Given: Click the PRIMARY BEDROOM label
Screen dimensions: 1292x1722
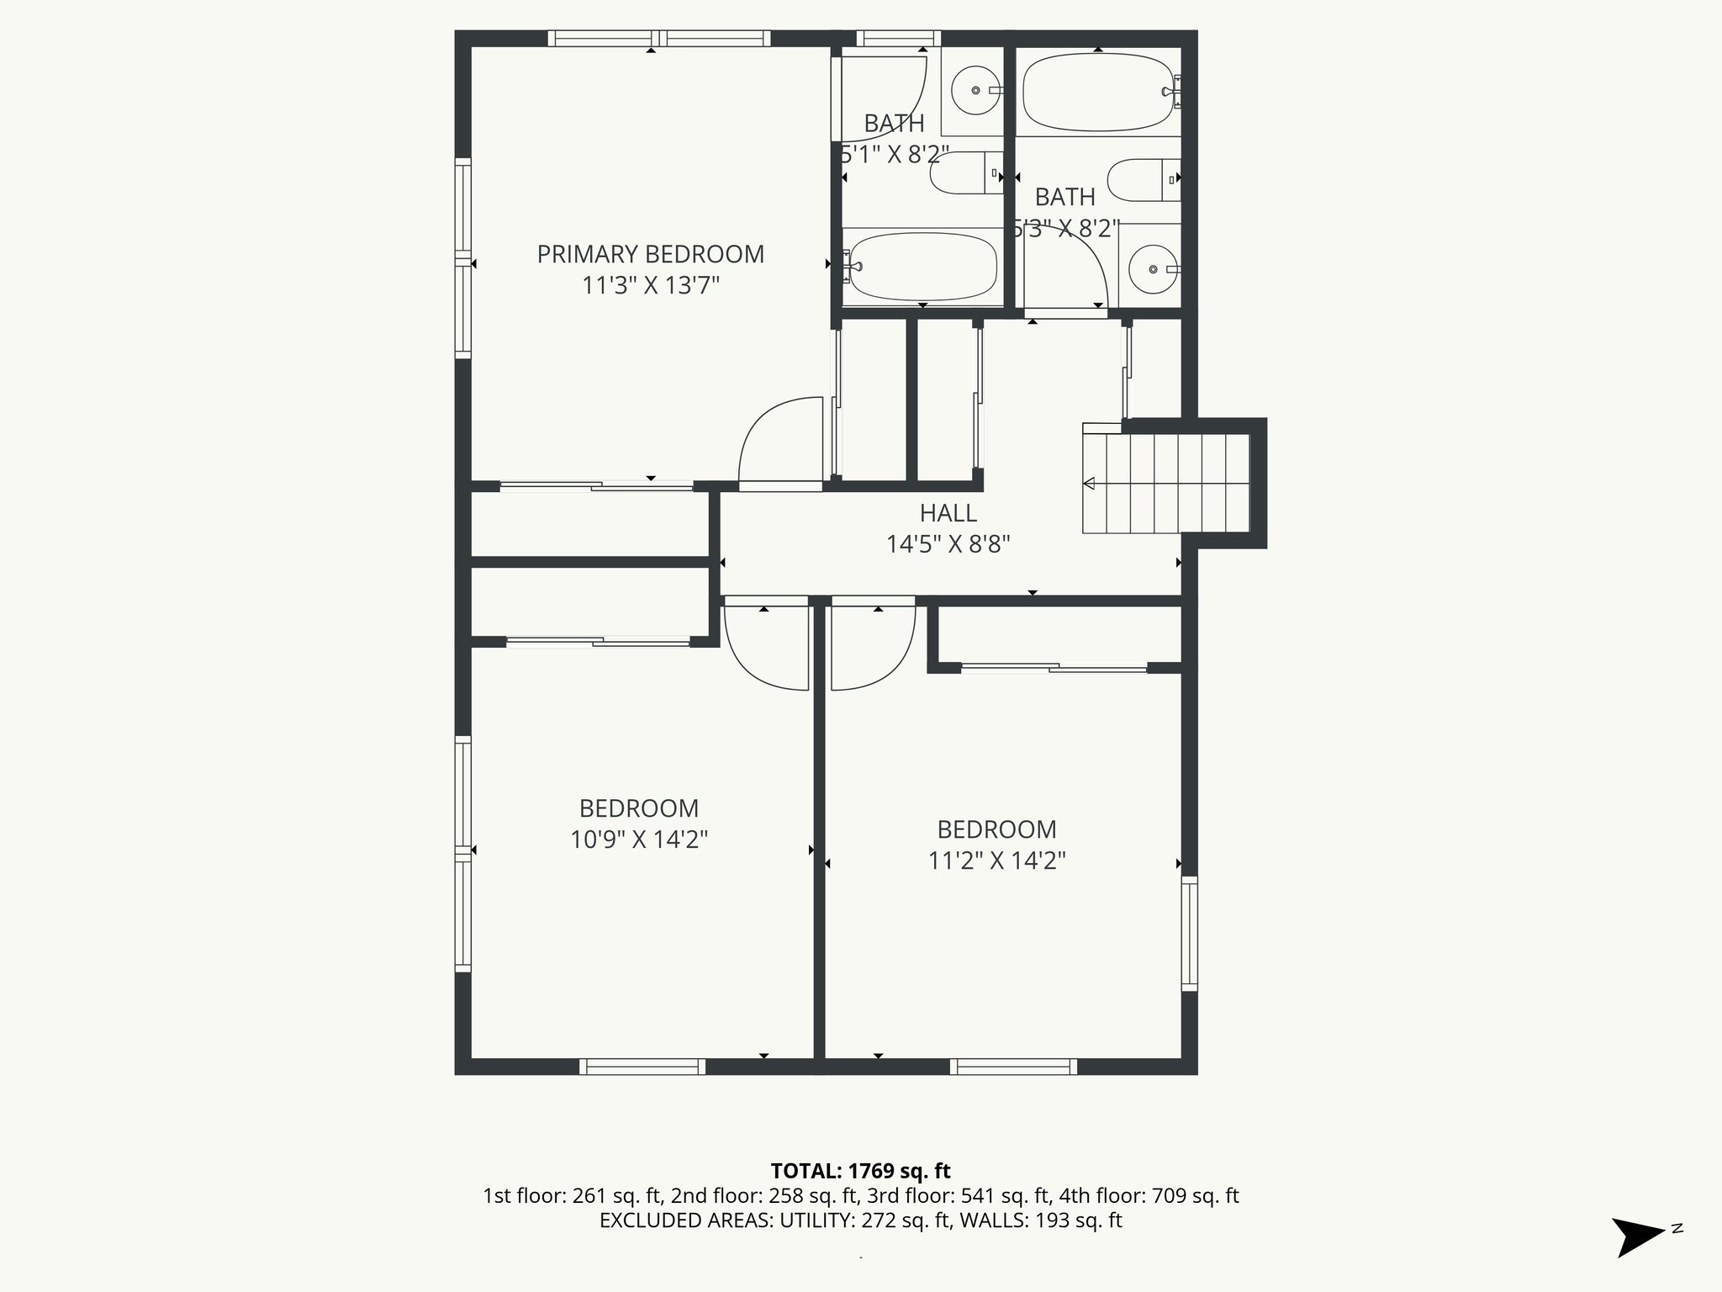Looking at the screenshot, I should [x=650, y=254].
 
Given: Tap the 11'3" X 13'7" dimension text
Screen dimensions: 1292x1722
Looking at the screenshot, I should [x=650, y=286].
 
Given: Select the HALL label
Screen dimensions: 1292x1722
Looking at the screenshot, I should [x=948, y=513].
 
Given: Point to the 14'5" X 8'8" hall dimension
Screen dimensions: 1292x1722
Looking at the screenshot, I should [x=948, y=544].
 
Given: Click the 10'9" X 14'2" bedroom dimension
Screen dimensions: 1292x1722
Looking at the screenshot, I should [x=639, y=839].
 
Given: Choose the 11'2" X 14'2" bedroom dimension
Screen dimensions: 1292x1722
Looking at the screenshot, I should [x=996, y=860].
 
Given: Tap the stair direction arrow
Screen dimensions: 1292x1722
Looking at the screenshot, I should [x=1090, y=484].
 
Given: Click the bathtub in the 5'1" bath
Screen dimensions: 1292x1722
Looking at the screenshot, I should [x=922, y=267].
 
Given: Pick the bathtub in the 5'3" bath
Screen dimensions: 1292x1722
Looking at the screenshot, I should [x=1097, y=92].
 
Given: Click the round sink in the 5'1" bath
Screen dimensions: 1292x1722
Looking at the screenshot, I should [x=975, y=90].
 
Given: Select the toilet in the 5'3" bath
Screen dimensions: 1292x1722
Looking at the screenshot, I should [x=1142, y=179].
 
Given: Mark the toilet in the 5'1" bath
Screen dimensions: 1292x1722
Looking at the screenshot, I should [x=964, y=173].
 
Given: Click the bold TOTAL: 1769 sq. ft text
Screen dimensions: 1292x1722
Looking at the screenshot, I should [x=860, y=1170].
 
